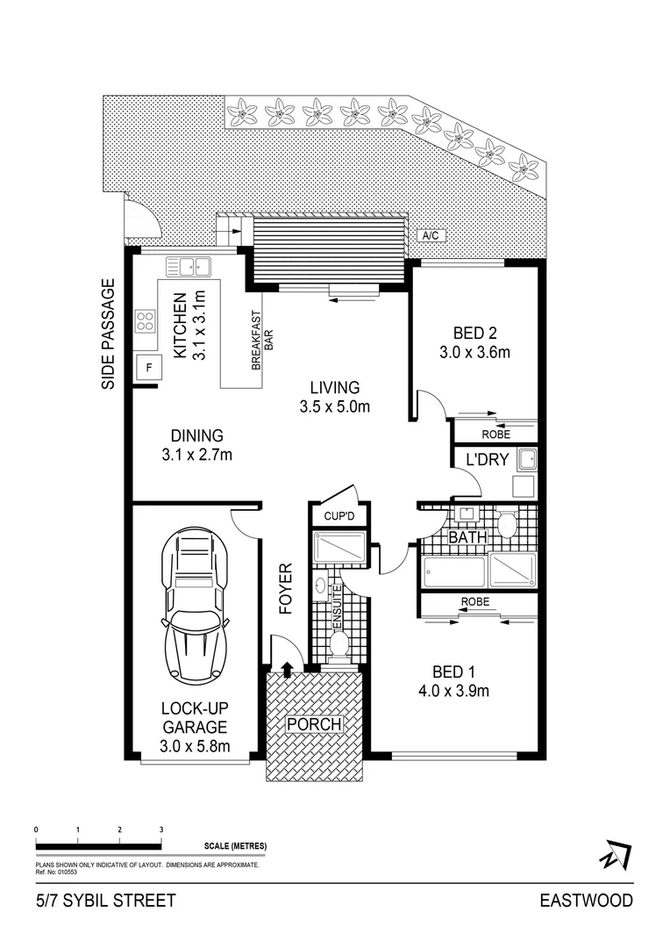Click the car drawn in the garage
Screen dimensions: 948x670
tap(195, 606)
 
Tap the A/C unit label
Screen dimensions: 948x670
tap(431, 236)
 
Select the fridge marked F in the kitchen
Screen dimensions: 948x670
tap(148, 368)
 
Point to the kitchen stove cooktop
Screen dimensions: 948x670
tap(145, 322)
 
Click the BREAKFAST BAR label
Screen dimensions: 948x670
tap(263, 342)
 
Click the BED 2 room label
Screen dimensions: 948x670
tap(474, 342)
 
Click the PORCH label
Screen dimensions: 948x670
tap(314, 724)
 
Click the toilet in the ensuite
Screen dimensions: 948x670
tap(339, 647)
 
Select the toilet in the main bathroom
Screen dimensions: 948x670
tap(507, 525)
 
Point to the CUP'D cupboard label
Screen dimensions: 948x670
tap(338, 516)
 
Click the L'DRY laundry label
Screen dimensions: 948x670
tap(487, 459)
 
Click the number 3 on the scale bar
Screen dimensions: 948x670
tap(161, 829)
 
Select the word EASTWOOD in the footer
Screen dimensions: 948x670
tap(585, 901)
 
